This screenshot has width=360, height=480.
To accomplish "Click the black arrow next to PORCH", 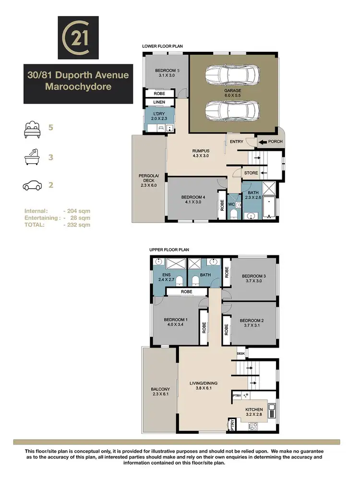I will (263, 142).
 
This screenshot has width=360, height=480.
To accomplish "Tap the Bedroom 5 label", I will (164, 71).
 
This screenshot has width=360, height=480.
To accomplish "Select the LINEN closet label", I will (159, 102).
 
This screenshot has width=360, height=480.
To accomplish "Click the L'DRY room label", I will (158, 114).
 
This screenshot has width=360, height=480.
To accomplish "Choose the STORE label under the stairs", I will (251, 173).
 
